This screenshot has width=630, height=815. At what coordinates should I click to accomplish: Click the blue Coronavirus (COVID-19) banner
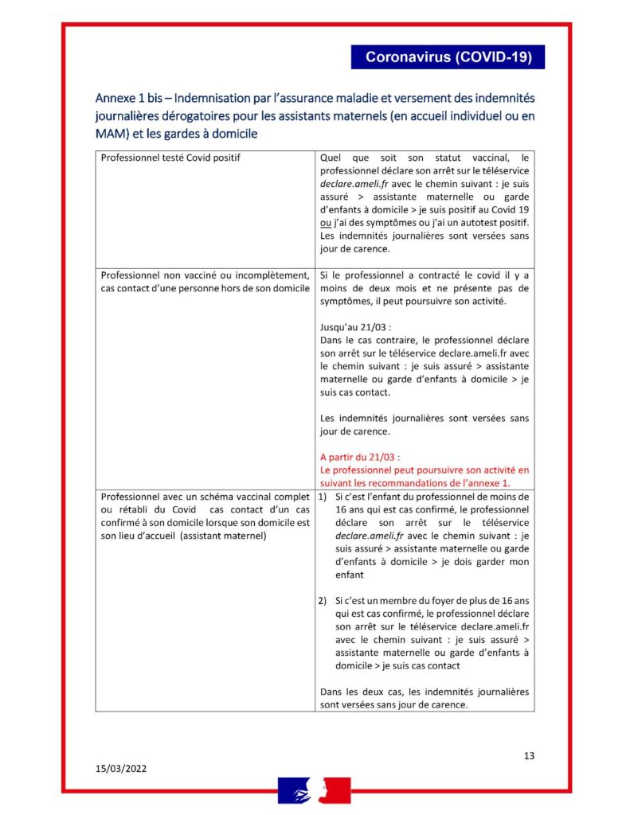448,57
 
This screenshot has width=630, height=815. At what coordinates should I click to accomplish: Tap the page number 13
529,755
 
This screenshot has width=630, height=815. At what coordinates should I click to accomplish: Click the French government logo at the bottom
314,791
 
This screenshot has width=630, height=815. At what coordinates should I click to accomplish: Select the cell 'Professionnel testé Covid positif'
170,158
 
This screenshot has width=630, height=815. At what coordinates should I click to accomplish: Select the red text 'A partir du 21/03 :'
359,457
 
